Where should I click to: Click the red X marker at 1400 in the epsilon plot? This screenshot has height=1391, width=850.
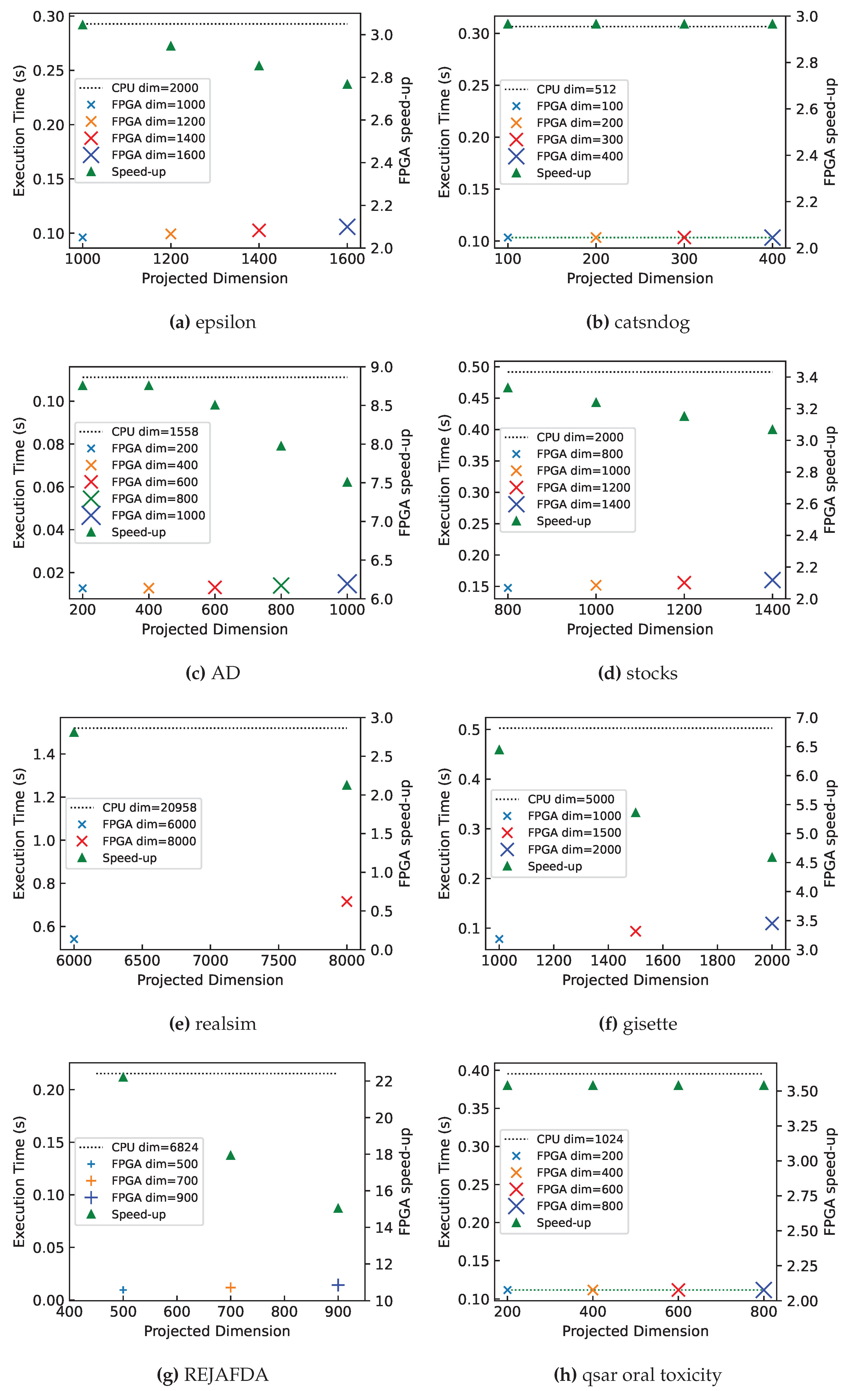pyautogui.click(x=259, y=230)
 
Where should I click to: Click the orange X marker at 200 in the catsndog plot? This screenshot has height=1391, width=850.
pyautogui.click(x=596, y=238)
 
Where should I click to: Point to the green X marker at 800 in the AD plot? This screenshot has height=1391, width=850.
pyautogui.click(x=281, y=586)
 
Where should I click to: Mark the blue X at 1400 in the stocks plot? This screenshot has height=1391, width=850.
pyautogui.click(x=772, y=580)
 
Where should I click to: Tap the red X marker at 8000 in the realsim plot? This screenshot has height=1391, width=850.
pyautogui.click(x=347, y=901)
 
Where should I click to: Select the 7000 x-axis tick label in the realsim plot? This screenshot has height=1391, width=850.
pyautogui.click(x=210, y=961)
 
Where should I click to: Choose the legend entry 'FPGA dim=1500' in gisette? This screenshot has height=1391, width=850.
pyautogui.click(x=574, y=833)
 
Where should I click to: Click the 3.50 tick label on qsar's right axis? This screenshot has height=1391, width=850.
pyautogui.click(x=802, y=1091)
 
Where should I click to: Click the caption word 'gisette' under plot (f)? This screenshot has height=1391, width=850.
pyautogui.click(x=649, y=1024)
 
